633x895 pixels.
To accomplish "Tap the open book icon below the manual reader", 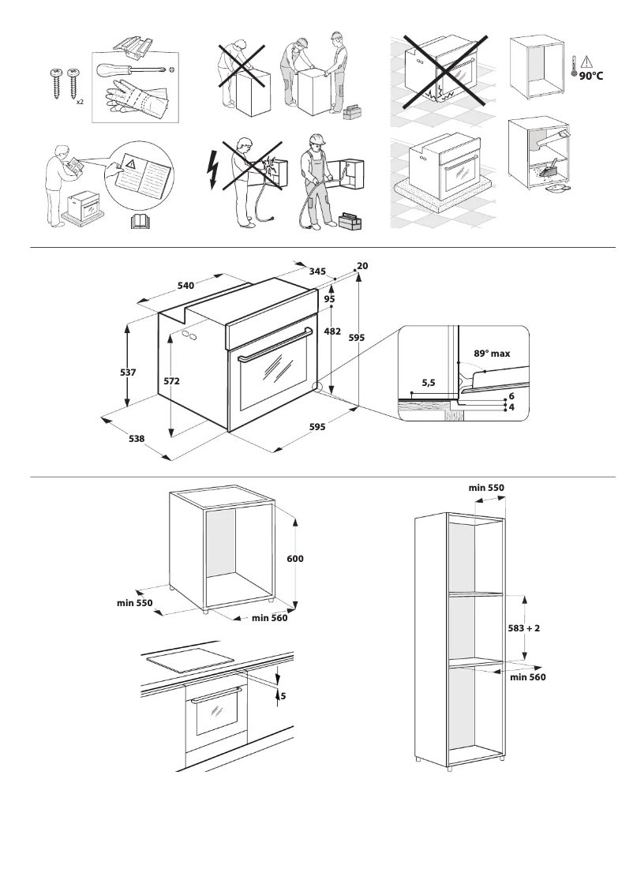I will [139, 222].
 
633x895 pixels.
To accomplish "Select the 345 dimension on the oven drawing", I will [318, 271].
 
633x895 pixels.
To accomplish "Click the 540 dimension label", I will [185, 284].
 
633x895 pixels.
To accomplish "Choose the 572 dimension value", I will [172, 380].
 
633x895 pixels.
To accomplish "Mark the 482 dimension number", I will [332, 331].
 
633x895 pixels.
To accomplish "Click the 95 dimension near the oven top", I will [329, 299].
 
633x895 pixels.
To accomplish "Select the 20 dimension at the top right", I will [362, 266].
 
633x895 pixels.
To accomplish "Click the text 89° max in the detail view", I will [492, 354].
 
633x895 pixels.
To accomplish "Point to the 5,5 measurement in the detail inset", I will [429, 382].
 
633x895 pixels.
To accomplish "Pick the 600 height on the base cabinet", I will [295, 558].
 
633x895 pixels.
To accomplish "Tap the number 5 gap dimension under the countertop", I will [283, 696].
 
